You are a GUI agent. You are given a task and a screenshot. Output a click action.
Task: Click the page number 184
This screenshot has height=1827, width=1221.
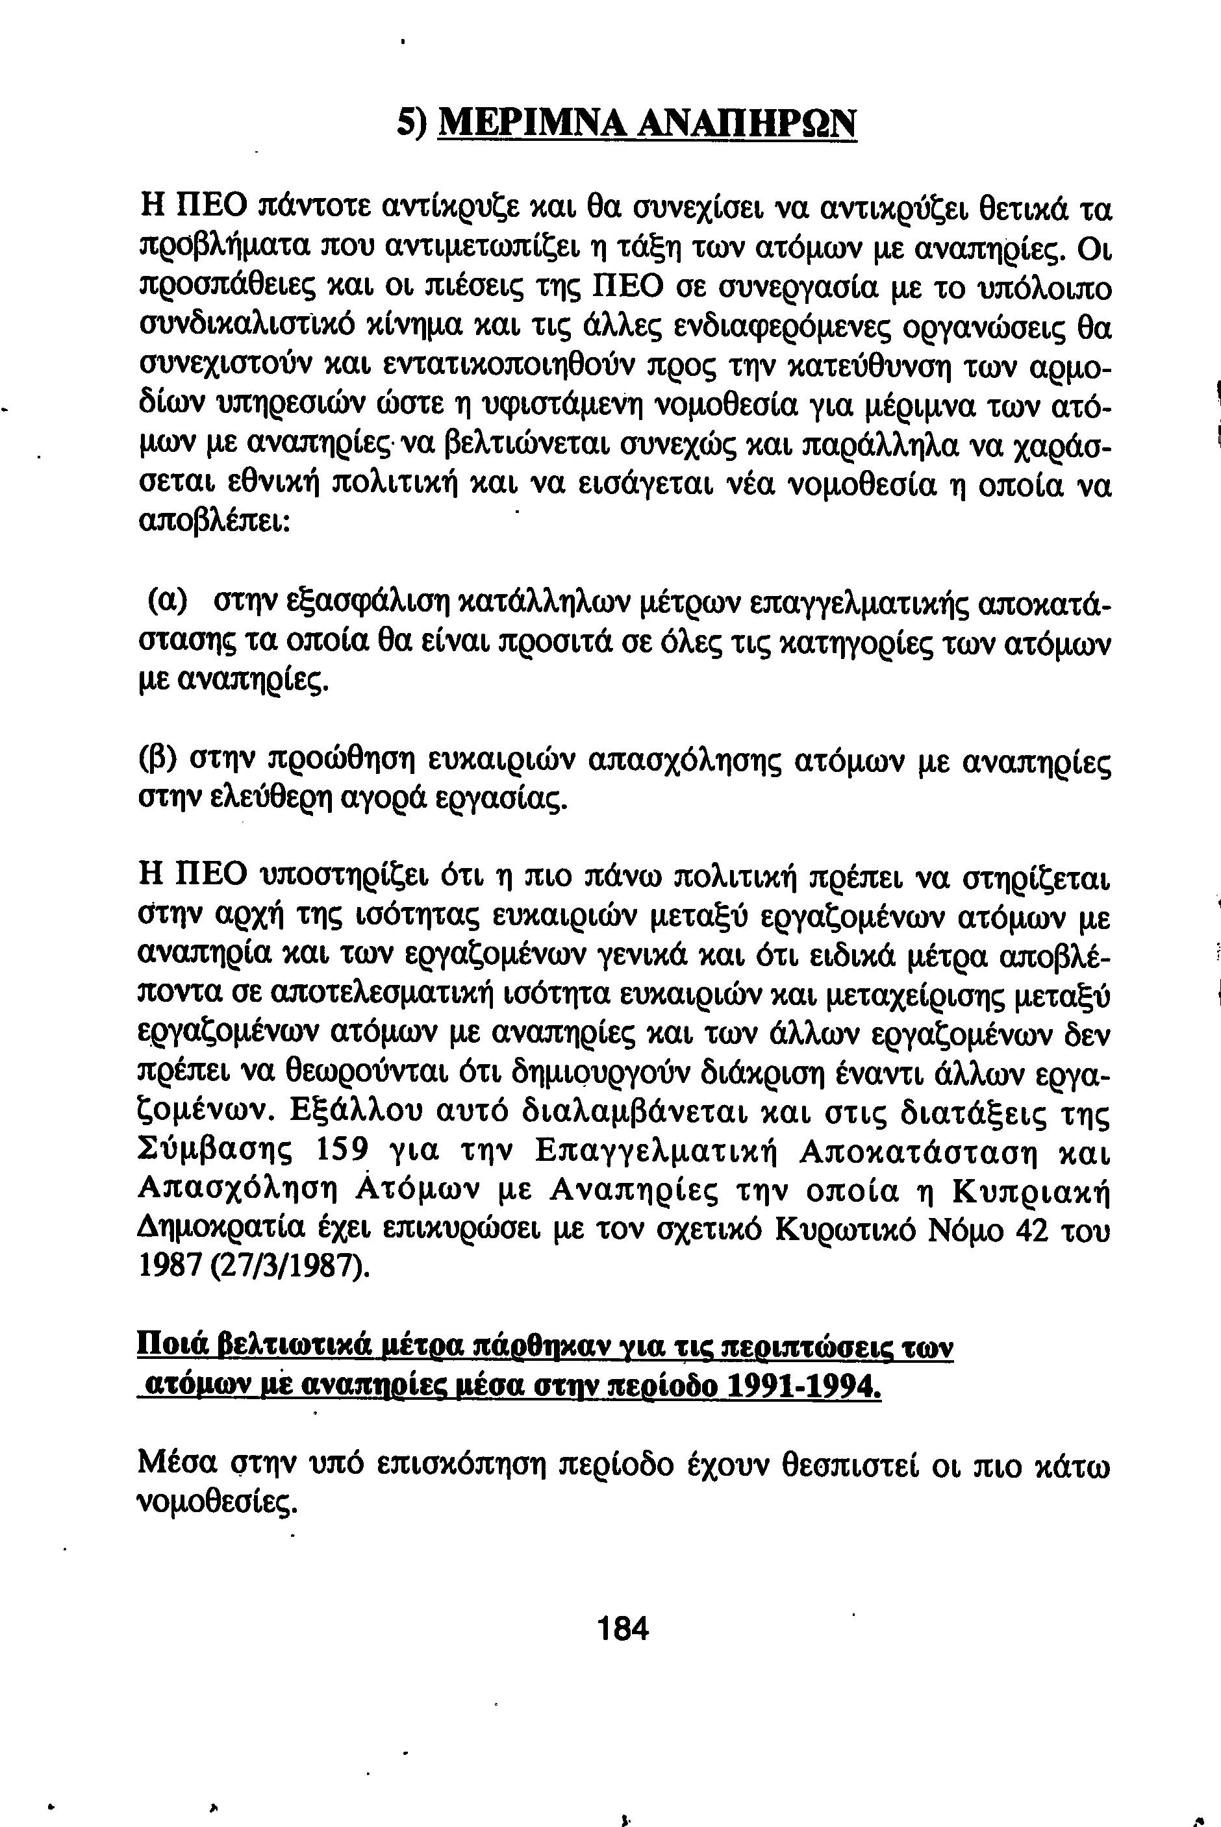[x=622, y=1628]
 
